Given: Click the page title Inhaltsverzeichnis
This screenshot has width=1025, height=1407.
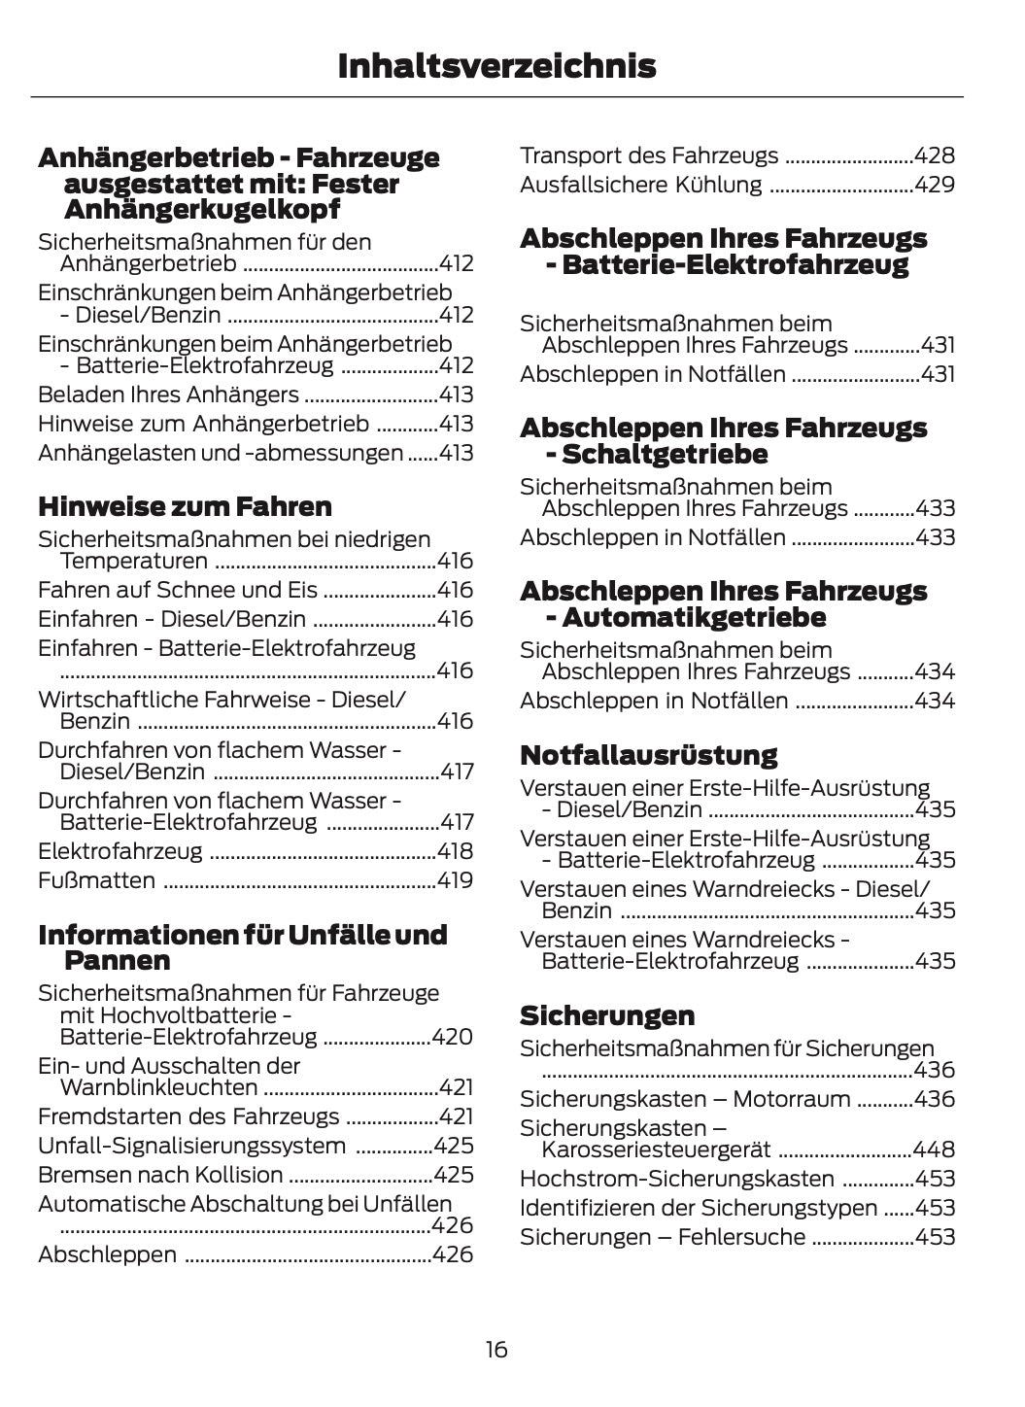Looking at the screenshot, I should [496, 66].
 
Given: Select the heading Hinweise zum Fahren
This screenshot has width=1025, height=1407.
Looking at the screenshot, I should [185, 506].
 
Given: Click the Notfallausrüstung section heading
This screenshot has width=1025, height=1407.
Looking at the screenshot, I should [648, 755].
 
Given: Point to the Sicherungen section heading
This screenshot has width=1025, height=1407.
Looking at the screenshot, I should [607, 1015].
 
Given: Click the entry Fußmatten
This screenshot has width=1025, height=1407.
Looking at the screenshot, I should [96, 880].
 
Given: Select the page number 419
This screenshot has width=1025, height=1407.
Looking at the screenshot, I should [455, 880].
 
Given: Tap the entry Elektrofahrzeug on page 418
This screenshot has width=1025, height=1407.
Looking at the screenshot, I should [120, 851].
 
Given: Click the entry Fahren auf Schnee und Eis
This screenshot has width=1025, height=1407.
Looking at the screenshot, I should [178, 590].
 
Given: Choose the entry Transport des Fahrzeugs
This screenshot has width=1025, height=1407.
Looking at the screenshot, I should [649, 155].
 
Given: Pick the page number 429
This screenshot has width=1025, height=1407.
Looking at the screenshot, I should [935, 185].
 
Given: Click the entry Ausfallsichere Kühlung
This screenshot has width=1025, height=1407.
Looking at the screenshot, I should [641, 185].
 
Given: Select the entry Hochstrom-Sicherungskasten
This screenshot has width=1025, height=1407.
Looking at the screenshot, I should [677, 1179].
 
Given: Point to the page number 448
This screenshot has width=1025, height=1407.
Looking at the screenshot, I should [935, 1150].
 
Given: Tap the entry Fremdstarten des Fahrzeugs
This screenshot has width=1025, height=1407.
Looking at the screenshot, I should [188, 1116].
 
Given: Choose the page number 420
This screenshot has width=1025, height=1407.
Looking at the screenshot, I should [453, 1037].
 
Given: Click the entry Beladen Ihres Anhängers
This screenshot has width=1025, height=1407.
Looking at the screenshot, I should [168, 395].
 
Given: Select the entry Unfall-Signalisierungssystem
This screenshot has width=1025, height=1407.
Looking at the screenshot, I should [191, 1146].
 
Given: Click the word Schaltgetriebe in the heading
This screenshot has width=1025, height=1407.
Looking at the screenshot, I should [665, 454].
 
